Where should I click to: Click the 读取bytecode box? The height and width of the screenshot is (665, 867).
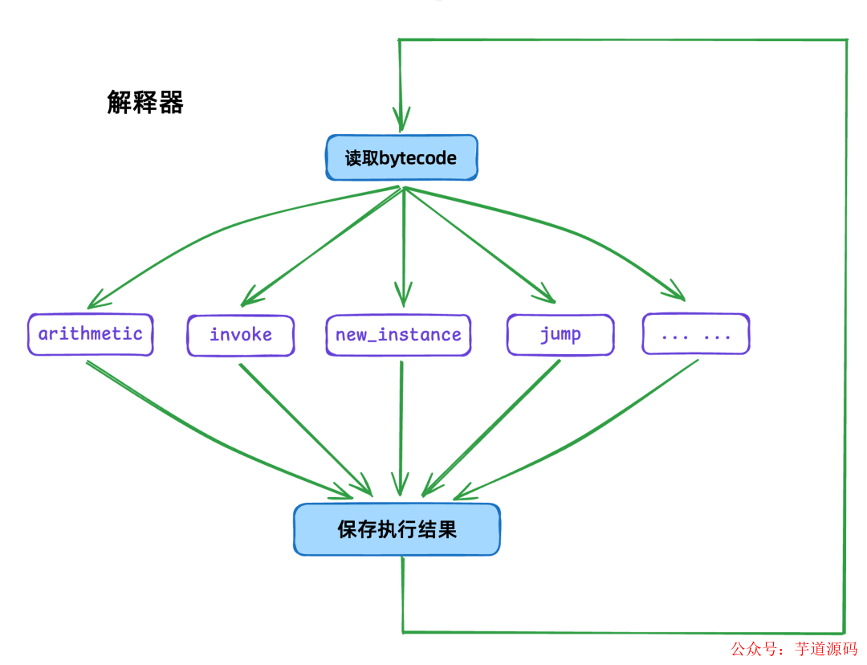coord(401,157)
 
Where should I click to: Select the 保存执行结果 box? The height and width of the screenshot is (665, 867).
coord(397,529)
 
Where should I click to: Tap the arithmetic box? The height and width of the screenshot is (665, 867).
coord(90,334)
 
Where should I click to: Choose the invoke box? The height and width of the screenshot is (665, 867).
coord(241,335)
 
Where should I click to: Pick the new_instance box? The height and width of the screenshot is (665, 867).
coord(398,335)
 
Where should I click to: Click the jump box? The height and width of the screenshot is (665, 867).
coord(560,335)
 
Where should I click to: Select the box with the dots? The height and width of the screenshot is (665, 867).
coord(696,335)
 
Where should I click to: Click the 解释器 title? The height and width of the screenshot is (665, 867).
coord(145,103)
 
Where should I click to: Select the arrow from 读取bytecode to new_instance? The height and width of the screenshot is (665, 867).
coord(404,241)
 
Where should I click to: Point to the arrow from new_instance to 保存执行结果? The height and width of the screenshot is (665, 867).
coord(401,426)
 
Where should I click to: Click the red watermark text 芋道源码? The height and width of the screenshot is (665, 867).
coord(826,649)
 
